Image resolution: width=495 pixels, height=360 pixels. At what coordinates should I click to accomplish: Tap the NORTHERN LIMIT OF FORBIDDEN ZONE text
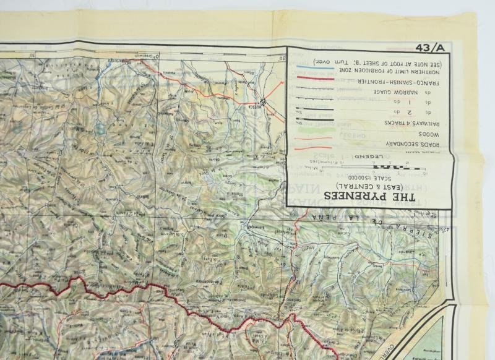click(x=390, y=73)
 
